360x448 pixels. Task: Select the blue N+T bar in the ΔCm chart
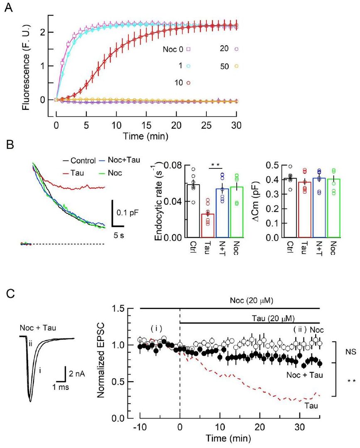click(319, 207)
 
